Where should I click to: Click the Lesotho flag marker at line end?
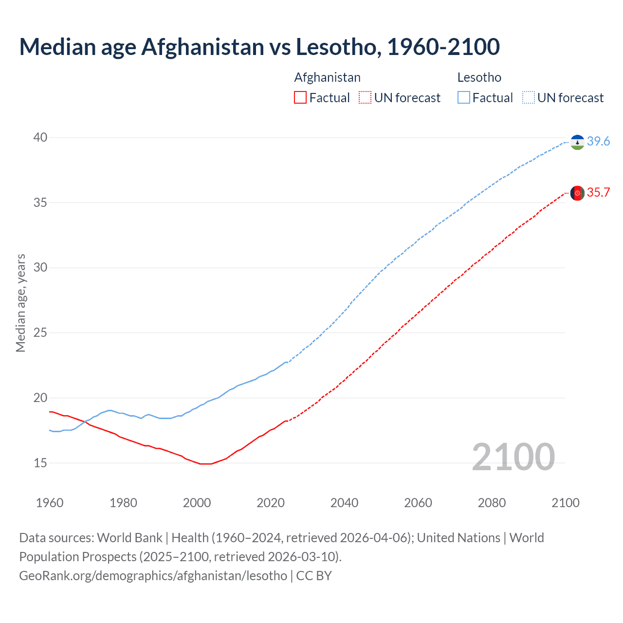pos(577,142)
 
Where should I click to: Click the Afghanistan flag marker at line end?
pos(577,193)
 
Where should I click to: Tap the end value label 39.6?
pos(598,141)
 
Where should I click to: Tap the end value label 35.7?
pos(598,192)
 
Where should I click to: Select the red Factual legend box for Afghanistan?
pos(300,98)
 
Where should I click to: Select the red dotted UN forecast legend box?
pos(365,98)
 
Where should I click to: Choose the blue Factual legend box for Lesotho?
pos(464,98)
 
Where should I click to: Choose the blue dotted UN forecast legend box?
pos(528,98)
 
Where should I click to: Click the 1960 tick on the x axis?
pos(50,503)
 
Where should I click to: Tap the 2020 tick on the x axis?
pos(271,503)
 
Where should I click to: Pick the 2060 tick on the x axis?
pos(418,503)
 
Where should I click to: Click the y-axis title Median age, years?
pos(20,303)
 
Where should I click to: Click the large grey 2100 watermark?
pos(513,457)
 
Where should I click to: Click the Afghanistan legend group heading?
pos(327,77)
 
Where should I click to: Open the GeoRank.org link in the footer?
pos(153,576)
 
